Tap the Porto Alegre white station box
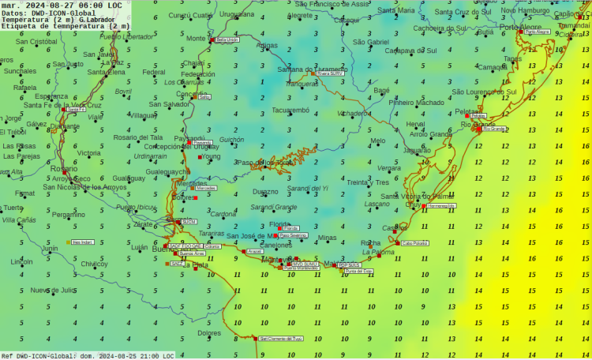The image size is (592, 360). [538, 32]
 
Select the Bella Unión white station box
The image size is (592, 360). [227, 39]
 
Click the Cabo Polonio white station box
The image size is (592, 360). [414, 243]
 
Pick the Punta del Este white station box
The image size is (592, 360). [359, 271]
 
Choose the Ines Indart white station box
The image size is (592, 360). [82, 242]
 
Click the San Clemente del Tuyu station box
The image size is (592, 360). [282, 338]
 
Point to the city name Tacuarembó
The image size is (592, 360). [290, 111]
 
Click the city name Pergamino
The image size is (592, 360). [69, 214]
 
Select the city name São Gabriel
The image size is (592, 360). [370, 42]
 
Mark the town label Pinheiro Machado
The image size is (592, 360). [417, 103]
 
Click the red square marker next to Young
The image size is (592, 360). [200, 157]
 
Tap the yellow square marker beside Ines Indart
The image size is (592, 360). [69, 242]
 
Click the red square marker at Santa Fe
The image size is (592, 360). [65, 110]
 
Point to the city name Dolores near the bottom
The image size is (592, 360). [209, 333]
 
